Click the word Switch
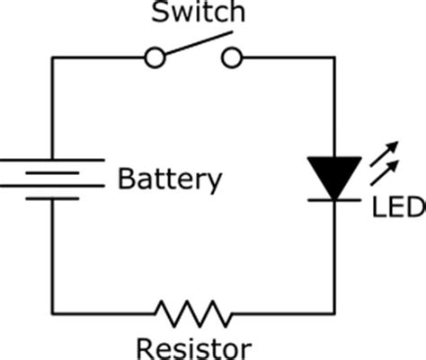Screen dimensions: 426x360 (199, 12)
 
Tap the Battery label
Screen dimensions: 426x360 (170, 180)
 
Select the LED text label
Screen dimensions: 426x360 (399, 206)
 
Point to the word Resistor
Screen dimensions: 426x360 (194, 349)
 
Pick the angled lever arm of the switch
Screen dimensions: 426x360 (199, 43)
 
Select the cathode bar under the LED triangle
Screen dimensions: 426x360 (334, 200)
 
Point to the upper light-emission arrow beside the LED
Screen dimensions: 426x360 (384, 154)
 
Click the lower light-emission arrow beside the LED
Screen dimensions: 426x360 (384, 173)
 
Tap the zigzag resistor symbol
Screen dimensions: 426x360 (194, 314)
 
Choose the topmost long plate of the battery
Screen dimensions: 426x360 (52, 160)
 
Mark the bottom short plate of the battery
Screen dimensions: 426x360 (52, 198)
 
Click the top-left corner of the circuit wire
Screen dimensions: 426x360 (52, 57)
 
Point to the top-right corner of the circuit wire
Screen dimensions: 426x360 (334, 57)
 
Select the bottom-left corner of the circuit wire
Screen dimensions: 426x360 (52, 313)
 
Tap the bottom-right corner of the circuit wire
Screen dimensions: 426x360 (334, 313)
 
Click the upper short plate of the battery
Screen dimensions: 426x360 (52, 173)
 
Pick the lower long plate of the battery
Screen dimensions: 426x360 (52, 186)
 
